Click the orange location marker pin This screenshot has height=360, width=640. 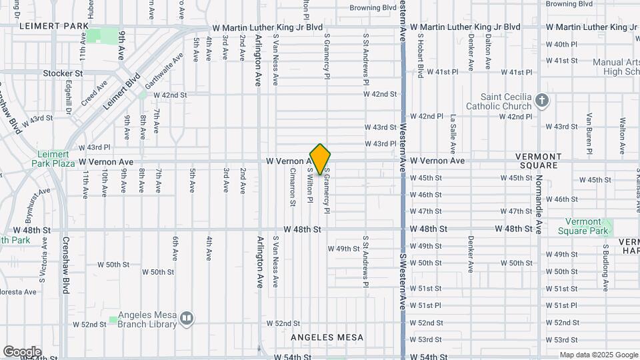coord(320,159)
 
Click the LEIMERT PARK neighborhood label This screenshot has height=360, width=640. coord(54,26)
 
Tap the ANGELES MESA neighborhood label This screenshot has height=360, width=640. coord(327,337)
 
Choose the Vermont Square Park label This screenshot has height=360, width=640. coord(587,226)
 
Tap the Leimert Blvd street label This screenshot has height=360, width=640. coord(121,91)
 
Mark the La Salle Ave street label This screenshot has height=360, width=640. coord(453,130)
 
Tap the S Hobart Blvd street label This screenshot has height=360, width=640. coord(419,53)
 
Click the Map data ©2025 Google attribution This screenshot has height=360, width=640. coord(598,355)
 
